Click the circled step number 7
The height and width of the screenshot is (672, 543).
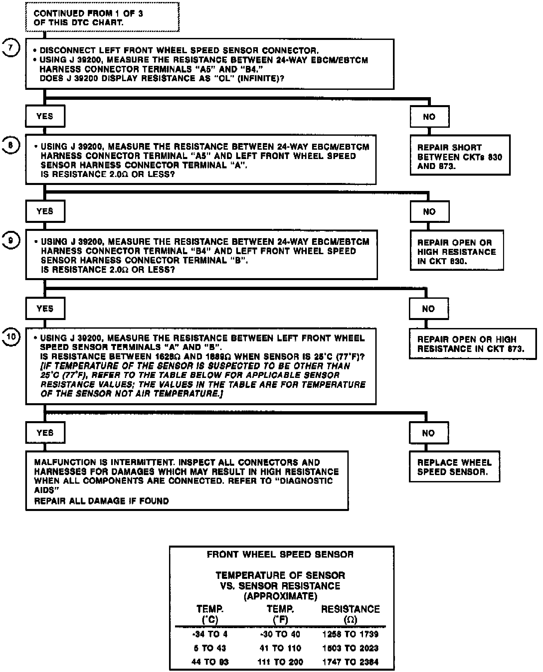pyautogui.click(x=11, y=48)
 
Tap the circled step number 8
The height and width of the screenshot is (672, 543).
pyautogui.click(x=11, y=145)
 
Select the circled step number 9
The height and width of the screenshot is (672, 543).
pyautogui.click(x=11, y=240)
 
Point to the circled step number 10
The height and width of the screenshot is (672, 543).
pyautogui.click(x=11, y=337)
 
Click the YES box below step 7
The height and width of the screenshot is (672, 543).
pyautogui.click(x=45, y=116)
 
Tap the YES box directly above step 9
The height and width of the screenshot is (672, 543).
pyautogui.click(x=45, y=211)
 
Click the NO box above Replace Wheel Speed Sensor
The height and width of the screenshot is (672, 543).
pyautogui.click(x=429, y=433)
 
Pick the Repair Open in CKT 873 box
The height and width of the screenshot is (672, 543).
pyautogui.click(x=472, y=344)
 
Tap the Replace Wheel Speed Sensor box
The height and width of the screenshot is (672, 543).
pyautogui.click(x=454, y=467)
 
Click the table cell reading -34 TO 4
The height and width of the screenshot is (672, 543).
pyautogui.click(x=210, y=634)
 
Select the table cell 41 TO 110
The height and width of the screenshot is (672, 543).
pyautogui.click(x=280, y=648)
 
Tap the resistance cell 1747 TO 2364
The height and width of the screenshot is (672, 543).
pyautogui.click(x=350, y=662)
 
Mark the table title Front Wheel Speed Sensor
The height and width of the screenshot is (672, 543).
pyautogui.click(x=280, y=554)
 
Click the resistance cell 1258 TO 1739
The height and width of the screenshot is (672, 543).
pyautogui.click(x=350, y=634)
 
